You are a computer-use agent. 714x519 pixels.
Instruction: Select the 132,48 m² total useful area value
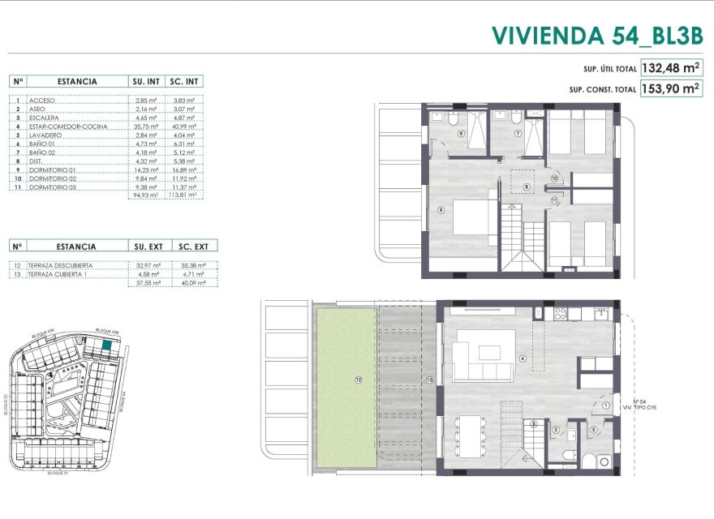[x=671, y=68]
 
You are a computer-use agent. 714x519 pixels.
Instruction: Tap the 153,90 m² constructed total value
[x=671, y=89]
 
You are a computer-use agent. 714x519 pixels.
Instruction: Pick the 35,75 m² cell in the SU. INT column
[x=145, y=127]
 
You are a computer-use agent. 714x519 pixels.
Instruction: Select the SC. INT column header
[x=183, y=81]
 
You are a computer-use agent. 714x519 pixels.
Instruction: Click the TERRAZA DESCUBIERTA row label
[x=61, y=265]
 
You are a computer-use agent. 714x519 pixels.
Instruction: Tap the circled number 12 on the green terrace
[x=357, y=380]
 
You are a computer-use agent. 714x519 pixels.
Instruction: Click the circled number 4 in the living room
[x=523, y=359]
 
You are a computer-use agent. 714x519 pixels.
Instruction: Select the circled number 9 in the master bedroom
[x=441, y=210]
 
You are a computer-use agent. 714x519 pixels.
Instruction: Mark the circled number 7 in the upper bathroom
[x=516, y=132]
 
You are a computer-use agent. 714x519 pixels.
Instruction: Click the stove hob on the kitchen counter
[x=559, y=313]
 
